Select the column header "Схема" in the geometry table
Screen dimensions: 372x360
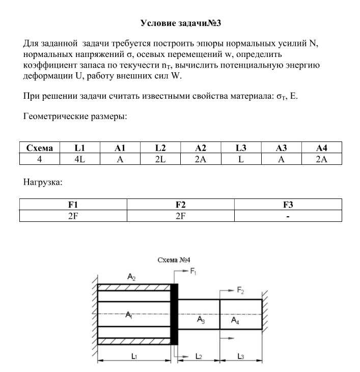coord(39,148)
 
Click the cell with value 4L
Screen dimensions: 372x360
coord(79,159)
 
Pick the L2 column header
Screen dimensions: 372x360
coord(160,148)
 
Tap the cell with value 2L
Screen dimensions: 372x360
coord(160,159)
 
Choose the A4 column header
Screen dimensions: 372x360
coord(321,148)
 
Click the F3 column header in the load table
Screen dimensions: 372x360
coord(288,205)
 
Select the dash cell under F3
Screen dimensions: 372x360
coord(288,216)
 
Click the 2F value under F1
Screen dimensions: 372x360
coord(73,216)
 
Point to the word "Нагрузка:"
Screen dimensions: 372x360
coord(43,182)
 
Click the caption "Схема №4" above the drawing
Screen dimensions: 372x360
coord(174,260)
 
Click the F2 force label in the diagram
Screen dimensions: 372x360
coord(240,290)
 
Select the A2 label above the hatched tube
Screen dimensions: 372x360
coord(131,277)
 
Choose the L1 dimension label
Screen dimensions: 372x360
coord(133,357)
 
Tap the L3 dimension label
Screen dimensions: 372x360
coord(240,357)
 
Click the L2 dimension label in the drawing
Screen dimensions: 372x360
coord(199,357)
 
